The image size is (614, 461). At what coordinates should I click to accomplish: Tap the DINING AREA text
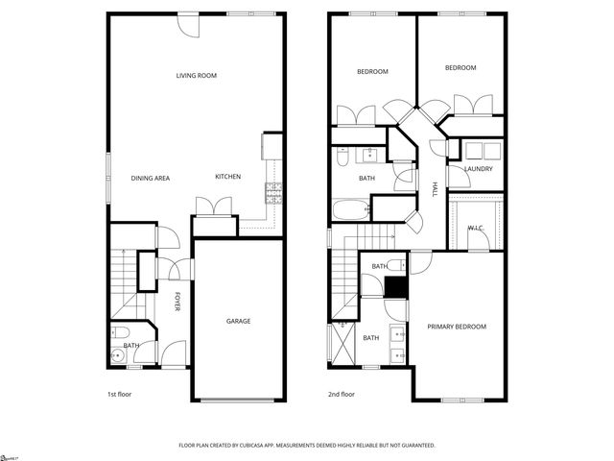pyautogui.click(x=150, y=178)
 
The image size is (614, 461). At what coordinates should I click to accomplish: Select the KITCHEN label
pyautogui.click(x=227, y=177)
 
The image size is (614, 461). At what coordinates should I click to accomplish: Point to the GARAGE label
pyautogui.click(x=238, y=321)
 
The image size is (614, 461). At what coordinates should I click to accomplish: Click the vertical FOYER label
pyautogui.click(x=177, y=302)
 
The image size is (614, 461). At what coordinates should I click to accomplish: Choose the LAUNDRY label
pyautogui.click(x=478, y=170)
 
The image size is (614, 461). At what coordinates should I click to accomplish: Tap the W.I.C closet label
pyautogui.click(x=475, y=228)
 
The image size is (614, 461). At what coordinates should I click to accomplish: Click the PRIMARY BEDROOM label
pyautogui.click(x=457, y=327)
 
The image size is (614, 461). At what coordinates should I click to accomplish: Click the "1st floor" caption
pyautogui.click(x=119, y=394)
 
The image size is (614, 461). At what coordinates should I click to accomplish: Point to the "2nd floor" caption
pyautogui.click(x=342, y=394)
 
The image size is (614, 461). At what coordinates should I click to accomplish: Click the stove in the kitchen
pyautogui.click(x=273, y=192)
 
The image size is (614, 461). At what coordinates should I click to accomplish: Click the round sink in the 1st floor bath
pyautogui.click(x=117, y=355)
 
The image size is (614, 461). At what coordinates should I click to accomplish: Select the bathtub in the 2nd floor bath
pyautogui.click(x=349, y=208)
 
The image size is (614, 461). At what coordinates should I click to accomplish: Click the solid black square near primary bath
pyautogui.click(x=393, y=286)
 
